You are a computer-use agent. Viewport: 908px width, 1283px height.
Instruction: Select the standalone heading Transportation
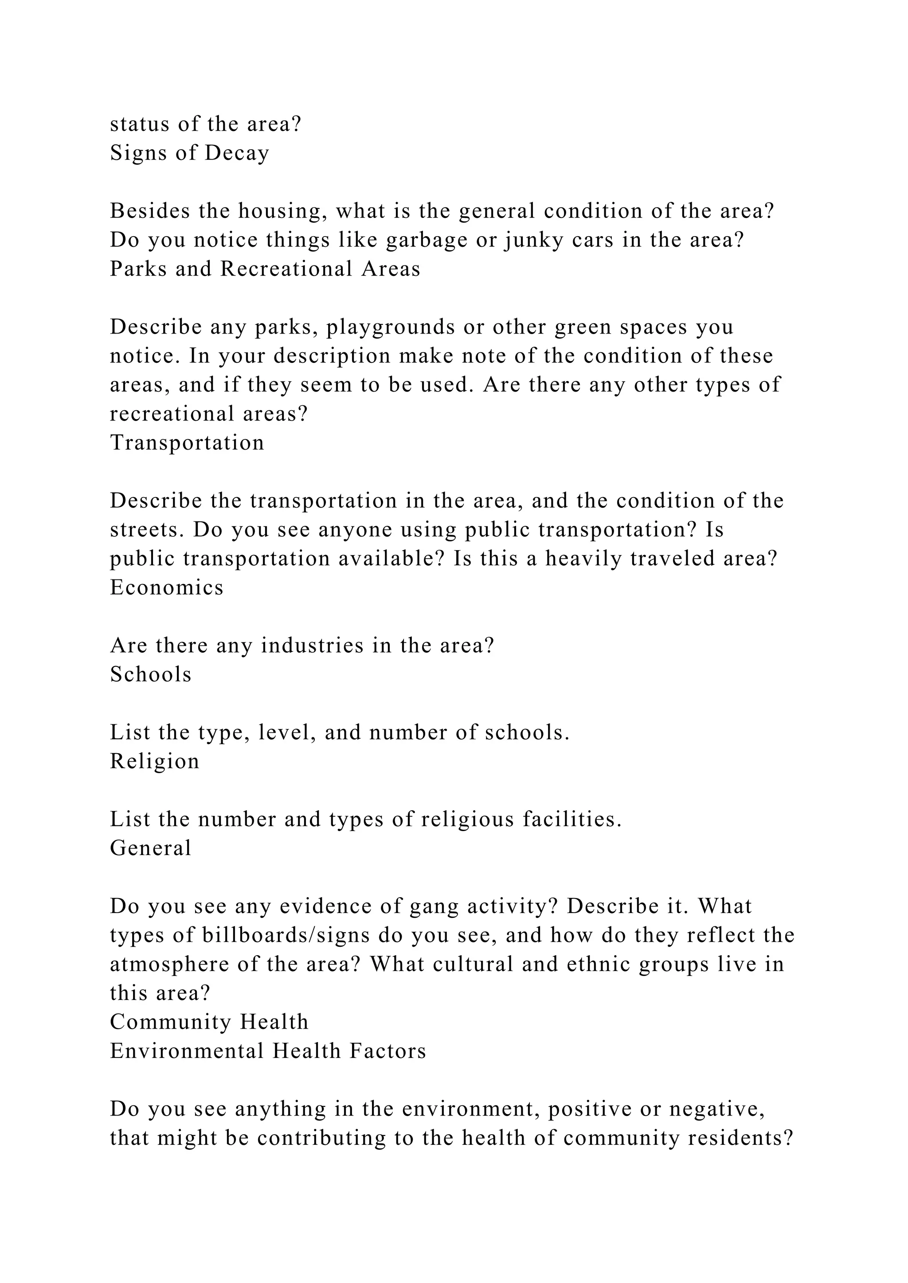187,443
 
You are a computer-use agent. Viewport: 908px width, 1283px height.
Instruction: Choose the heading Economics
167,587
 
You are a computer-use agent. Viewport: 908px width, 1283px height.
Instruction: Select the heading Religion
154,761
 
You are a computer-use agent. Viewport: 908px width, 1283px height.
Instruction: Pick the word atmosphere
169,964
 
